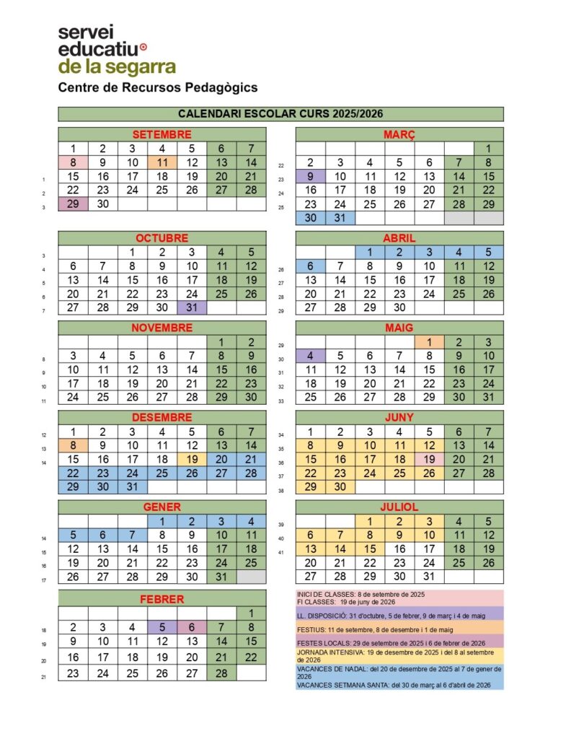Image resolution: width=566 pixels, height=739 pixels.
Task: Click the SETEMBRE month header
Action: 162,134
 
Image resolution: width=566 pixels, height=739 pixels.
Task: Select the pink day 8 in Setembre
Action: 73,163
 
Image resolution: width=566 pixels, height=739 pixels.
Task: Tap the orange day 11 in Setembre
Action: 162,163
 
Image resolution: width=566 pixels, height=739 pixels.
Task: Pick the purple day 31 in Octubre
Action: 192,307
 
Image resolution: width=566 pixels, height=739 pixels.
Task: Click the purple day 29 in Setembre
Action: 73,204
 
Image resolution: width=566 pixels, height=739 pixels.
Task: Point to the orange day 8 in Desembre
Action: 73,445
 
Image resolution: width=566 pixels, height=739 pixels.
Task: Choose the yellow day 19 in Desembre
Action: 192,459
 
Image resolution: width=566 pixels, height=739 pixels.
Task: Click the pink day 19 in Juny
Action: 429,459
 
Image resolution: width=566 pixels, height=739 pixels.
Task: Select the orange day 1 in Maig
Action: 429,342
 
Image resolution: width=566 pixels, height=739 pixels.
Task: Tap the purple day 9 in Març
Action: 311,176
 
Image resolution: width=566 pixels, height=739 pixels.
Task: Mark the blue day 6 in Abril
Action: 311,266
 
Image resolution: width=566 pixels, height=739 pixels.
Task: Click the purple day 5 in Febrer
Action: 162,627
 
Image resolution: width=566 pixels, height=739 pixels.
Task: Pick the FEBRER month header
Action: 162,599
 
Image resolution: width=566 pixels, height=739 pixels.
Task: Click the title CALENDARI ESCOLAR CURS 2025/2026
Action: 280,114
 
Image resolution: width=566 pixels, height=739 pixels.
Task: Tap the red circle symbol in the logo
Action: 142,48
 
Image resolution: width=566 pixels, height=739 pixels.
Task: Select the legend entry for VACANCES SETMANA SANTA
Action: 399,685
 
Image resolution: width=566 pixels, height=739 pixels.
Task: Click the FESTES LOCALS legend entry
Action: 399,642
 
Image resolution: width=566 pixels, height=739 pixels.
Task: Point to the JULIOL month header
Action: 399,507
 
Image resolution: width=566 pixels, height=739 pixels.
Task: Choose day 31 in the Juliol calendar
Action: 429,576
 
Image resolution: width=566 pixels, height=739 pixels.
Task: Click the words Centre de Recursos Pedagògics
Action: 158,87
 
